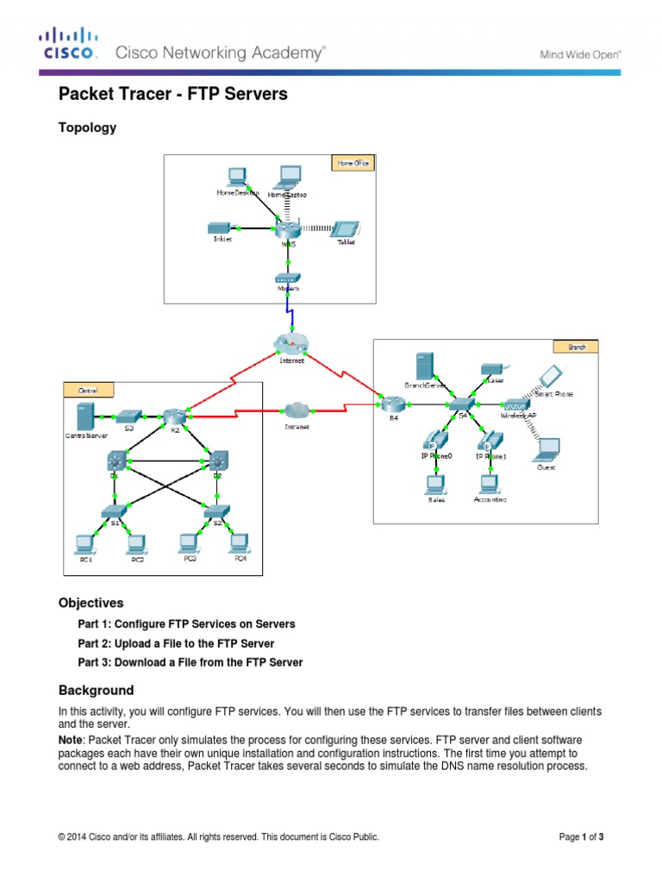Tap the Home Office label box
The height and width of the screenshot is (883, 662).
tap(353, 163)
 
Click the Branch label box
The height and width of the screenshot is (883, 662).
tap(577, 347)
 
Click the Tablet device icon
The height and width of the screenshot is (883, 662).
tap(346, 229)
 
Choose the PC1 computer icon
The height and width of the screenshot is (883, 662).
tap(84, 543)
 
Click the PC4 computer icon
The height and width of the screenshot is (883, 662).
tap(240, 542)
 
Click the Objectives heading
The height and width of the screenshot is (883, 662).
tap(91, 603)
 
